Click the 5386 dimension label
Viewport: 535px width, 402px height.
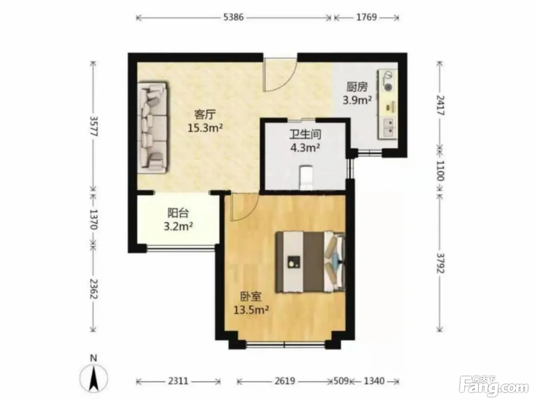click(233, 17)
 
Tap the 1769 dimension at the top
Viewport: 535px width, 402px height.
click(366, 17)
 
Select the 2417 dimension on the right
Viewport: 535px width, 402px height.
click(440, 105)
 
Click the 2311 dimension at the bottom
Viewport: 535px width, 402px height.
click(178, 381)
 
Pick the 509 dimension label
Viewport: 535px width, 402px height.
click(341, 381)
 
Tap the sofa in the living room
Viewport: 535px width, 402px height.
click(152, 128)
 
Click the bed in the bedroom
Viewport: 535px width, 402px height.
click(311, 262)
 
